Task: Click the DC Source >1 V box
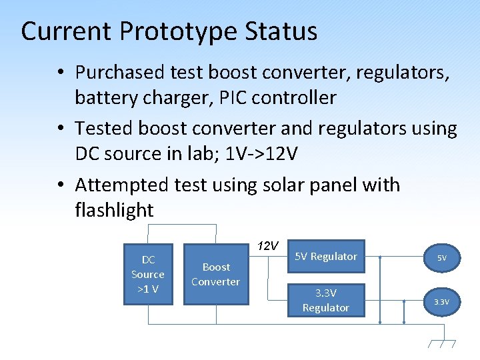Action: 148,275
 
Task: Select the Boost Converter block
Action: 215,275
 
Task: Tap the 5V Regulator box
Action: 325,257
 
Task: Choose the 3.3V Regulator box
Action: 325,301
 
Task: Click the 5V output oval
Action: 442,257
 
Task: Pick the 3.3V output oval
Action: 442,302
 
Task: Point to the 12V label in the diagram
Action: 267,246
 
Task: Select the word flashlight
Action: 115,211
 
